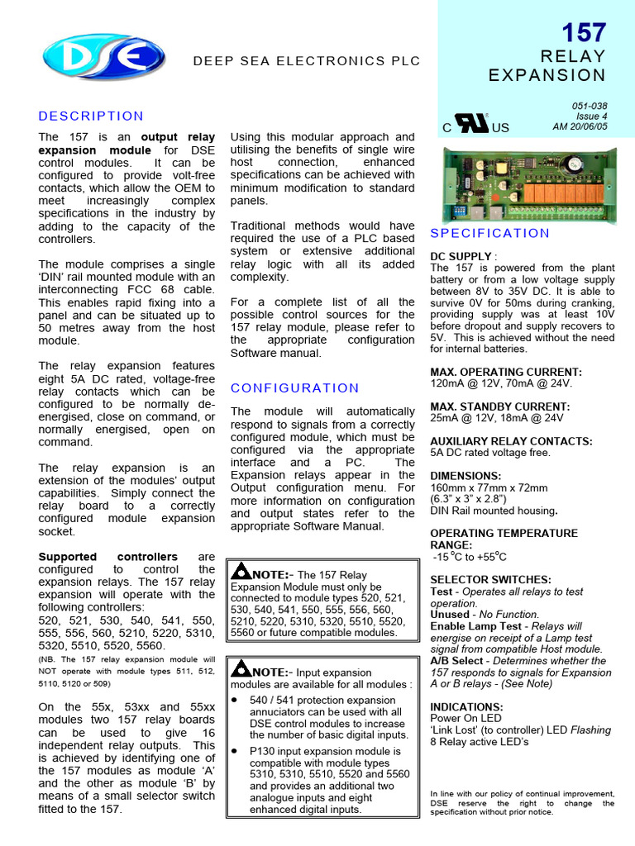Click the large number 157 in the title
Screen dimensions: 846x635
[x=583, y=33]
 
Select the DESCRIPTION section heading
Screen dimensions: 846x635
[x=91, y=116]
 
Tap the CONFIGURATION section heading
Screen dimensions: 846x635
[x=294, y=388]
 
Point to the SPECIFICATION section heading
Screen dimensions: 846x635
[x=489, y=234]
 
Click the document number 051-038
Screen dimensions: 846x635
[x=589, y=106]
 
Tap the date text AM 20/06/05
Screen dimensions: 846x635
[x=580, y=127]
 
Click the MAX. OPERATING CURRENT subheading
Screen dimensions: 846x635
[x=506, y=373]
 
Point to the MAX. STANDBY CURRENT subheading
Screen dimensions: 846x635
[x=499, y=407]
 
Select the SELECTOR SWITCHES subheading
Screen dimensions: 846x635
[x=490, y=581]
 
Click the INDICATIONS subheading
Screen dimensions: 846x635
[x=466, y=707]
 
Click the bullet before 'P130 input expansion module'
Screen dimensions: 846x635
[x=236, y=752]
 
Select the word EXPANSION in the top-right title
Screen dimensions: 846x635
[x=547, y=76]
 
